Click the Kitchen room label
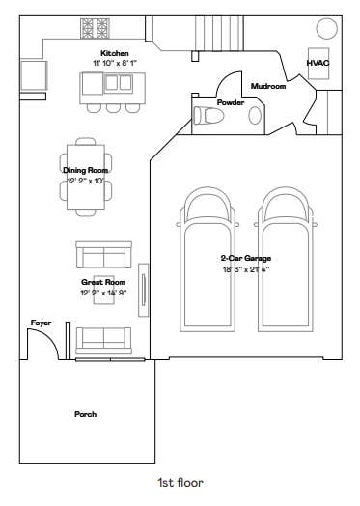point(115,53)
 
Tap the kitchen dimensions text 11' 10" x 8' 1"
point(115,63)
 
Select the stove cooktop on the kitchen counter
point(95,28)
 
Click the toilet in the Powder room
point(208,115)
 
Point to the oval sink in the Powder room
point(255,116)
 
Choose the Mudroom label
point(268,86)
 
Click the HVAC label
point(318,63)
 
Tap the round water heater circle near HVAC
point(327,29)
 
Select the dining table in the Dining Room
point(86,177)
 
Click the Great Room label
point(103,282)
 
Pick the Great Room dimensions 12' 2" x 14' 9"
point(103,293)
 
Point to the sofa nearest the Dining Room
point(104,255)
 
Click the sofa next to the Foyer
point(103,341)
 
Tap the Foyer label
point(41,323)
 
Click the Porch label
point(86,414)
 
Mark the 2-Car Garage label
point(246,258)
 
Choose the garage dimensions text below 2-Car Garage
point(246,269)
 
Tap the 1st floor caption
point(180,483)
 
